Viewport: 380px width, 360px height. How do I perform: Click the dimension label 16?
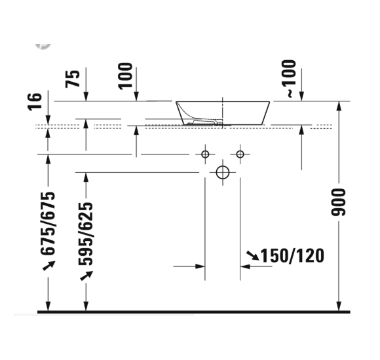coord(36,100)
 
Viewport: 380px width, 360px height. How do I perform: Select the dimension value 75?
coord(73,78)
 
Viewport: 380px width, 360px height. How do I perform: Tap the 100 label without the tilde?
coord(125,75)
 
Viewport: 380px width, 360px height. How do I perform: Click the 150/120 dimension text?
coord(293,255)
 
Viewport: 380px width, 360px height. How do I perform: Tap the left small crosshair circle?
coord(205,154)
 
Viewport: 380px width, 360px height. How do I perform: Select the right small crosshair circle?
coord(240,154)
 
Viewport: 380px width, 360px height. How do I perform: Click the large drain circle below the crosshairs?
coord(223,172)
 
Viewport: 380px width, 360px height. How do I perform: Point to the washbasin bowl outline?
coord(223,112)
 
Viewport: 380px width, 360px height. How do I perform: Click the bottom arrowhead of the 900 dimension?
coord(338,306)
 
